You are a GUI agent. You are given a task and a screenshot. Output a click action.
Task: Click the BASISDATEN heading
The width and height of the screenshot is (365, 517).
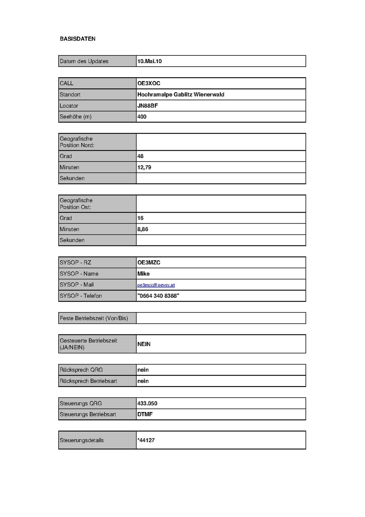(77, 39)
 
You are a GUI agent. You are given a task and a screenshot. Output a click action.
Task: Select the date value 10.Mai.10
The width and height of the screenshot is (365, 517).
(149, 61)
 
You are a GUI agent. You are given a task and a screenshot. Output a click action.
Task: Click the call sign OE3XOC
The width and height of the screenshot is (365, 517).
(149, 83)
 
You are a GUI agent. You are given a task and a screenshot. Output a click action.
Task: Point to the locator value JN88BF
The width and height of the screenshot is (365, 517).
(148, 106)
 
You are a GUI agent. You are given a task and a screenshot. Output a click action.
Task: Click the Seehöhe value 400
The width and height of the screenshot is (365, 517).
(142, 116)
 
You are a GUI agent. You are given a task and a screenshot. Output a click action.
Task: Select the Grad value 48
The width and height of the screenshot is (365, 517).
(140, 156)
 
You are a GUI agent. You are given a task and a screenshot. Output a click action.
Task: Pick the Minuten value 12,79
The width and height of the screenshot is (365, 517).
(144, 167)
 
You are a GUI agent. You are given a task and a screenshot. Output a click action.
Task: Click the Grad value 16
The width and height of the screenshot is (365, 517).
(140, 218)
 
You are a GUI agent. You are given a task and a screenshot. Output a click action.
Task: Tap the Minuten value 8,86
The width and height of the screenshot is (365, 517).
(143, 229)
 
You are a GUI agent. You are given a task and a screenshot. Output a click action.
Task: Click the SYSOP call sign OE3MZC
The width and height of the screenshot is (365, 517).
(149, 262)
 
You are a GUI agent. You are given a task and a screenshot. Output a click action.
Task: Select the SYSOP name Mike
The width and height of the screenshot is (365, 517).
(143, 274)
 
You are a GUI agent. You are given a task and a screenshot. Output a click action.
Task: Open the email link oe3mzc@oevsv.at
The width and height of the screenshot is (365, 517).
(156, 285)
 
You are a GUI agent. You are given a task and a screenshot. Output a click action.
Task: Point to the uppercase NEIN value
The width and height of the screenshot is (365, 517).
(144, 344)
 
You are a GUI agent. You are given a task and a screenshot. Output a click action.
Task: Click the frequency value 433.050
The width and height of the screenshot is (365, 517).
(147, 403)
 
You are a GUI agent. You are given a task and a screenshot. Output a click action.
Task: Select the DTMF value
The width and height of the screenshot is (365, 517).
(145, 414)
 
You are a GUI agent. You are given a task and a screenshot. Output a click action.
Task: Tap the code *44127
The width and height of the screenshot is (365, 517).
(146, 440)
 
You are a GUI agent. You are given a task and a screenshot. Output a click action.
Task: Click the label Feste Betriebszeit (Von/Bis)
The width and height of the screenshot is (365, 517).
(94, 318)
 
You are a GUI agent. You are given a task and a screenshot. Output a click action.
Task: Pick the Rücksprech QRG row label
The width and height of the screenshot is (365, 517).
(81, 370)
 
